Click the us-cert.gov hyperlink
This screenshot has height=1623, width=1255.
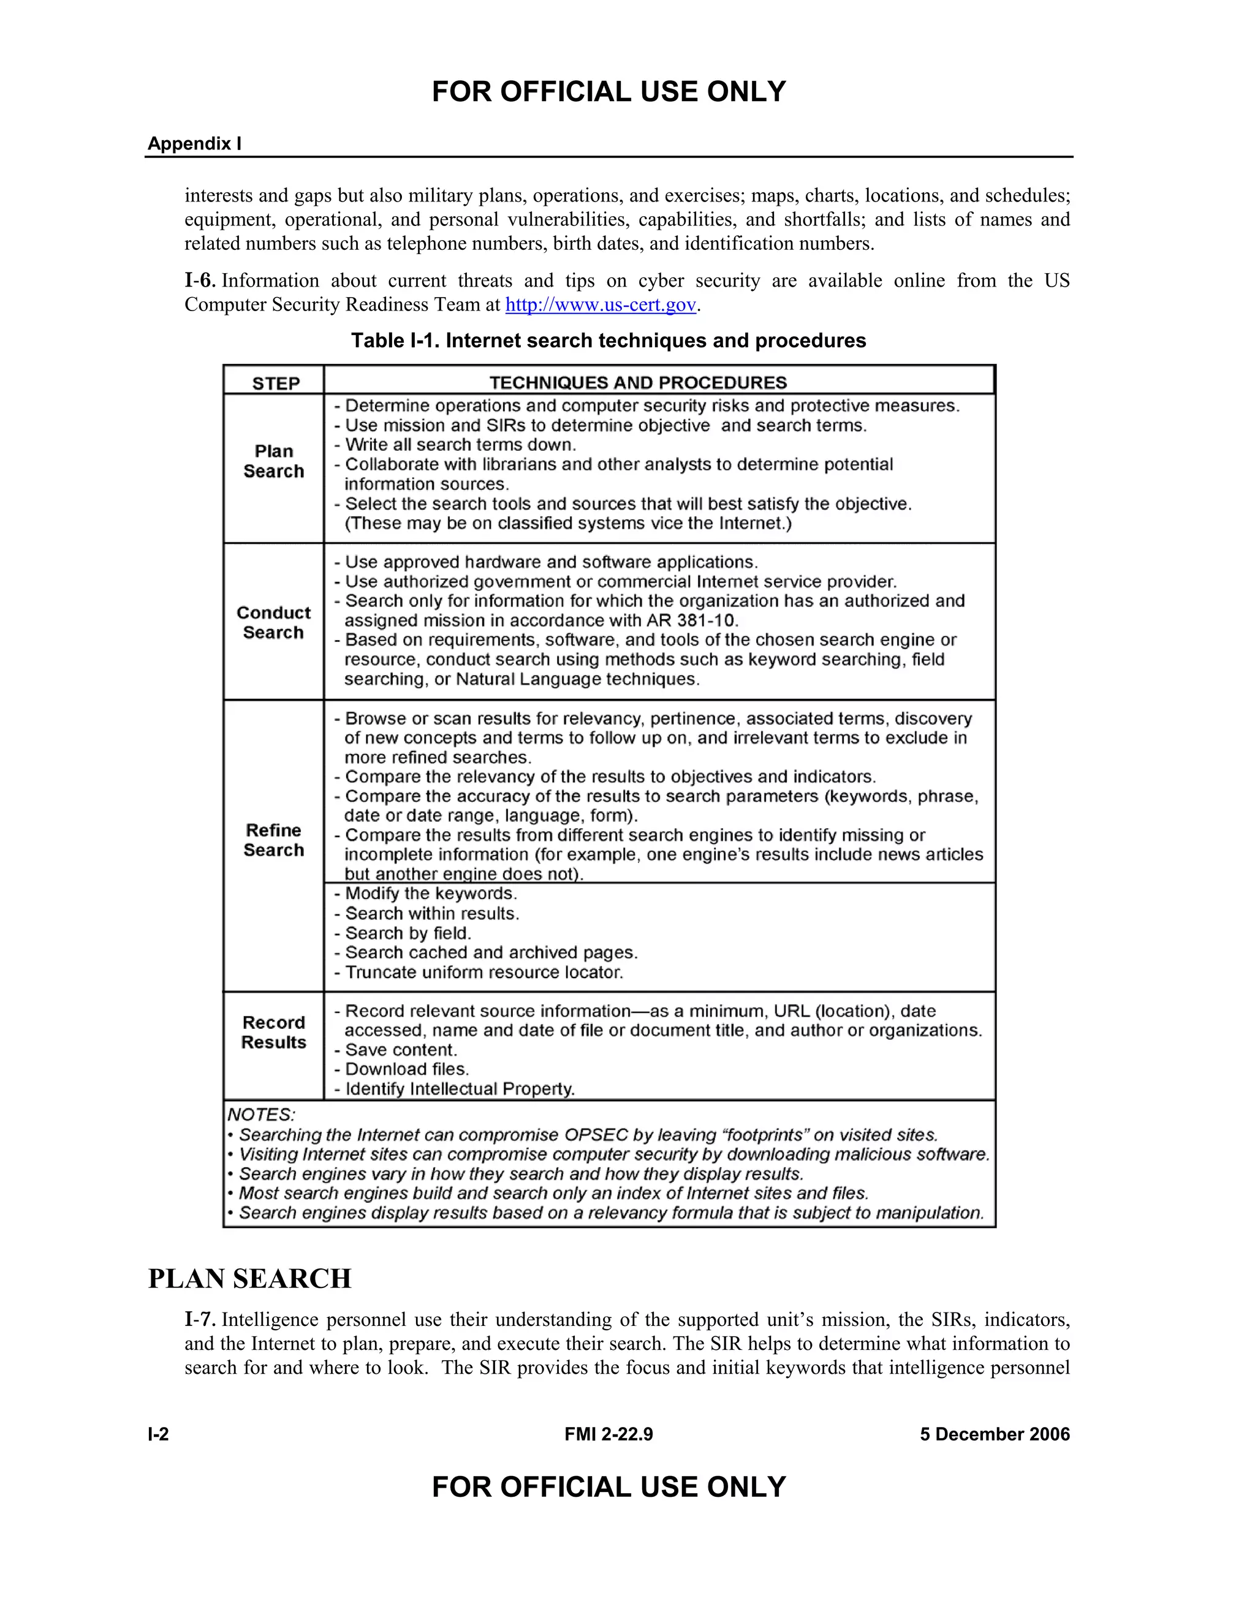(601, 304)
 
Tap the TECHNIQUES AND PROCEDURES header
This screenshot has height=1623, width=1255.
(638, 383)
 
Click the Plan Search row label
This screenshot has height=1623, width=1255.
(273, 462)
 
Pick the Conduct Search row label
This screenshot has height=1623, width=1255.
(273, 623)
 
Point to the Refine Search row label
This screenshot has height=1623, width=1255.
(273, 840)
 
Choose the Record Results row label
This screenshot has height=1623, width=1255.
(273, 1032)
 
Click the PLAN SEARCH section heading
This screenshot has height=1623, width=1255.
(250, 1278)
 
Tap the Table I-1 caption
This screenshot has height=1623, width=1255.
(608, 341)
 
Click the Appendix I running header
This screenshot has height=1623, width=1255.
(194, 143)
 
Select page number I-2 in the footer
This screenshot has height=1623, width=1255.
(158, 1434)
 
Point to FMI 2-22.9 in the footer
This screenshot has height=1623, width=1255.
(608, 1434)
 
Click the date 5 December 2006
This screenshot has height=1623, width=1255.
(995, 1434)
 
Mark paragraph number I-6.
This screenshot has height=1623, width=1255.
(200, 281)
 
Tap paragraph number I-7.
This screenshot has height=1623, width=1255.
(200, 1320)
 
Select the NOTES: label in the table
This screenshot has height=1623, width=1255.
(261, 1115)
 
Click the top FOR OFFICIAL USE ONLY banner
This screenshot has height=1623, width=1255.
(608, 92)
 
